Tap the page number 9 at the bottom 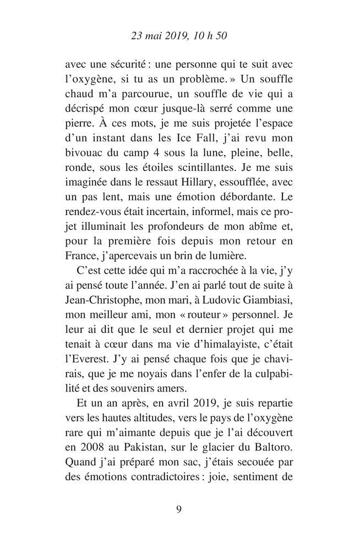179,508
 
